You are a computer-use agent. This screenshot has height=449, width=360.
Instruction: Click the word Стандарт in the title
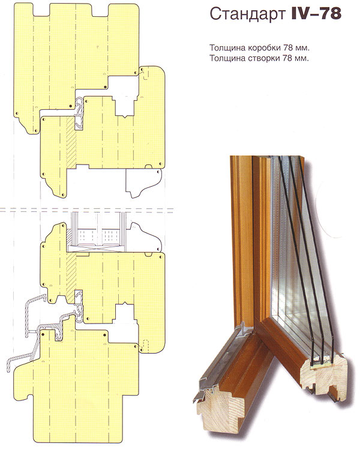click(248, 14)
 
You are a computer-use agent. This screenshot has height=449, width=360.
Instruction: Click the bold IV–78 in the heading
click(316, 13)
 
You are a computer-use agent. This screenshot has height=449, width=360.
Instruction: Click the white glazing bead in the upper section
click(143, 182)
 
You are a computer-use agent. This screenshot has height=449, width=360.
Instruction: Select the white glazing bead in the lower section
click(145, 237)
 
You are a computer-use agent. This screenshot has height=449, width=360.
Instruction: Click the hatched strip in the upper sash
click(71, 142)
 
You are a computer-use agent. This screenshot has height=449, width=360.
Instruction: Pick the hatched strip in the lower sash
click(71, 277)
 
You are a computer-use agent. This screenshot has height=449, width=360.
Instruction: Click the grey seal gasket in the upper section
click(79, 112)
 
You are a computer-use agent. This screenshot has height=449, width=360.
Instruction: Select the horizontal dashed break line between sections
click(86, 210)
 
